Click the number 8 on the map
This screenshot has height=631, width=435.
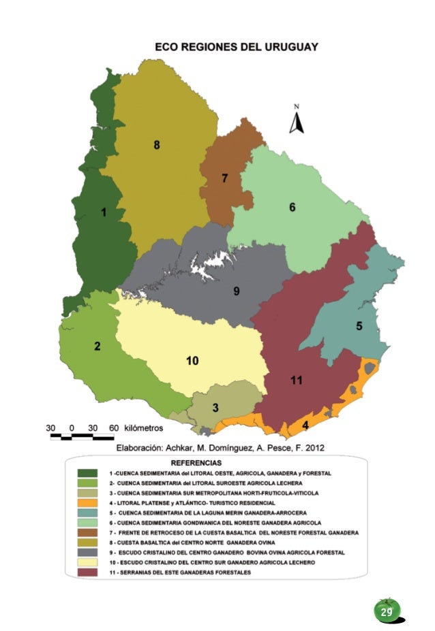[157, 145]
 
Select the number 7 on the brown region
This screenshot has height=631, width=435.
[224, 178]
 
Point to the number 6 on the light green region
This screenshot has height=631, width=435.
[292, 207]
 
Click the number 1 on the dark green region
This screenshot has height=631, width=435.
[104, 213]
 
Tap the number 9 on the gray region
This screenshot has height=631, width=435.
[236, 291]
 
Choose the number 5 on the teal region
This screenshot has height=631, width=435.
[359, 326]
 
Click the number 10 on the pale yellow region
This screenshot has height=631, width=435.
[192, 360]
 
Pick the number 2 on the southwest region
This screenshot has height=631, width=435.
[97, 346]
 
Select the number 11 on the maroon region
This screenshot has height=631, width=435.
[296, 381]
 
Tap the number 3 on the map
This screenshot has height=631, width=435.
[215, 408]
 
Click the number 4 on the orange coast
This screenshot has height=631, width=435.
[305, 425]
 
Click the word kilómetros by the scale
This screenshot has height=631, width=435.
[144, 428]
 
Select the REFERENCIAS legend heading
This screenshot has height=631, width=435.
[217, 462]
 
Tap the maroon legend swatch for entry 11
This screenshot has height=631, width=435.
[87, 572]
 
